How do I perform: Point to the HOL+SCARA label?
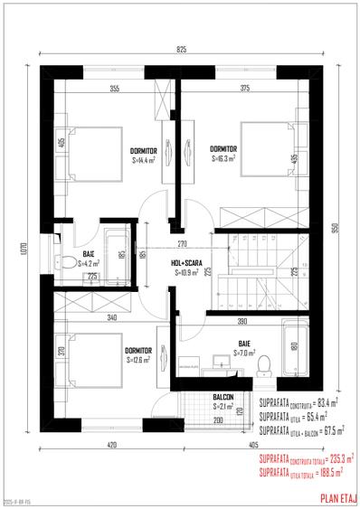(185, 263)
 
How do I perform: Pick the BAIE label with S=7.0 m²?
(244, 344)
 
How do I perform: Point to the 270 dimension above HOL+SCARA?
(181, 245)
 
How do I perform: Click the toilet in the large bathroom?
(264, 363)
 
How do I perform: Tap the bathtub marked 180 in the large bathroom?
(294, 345)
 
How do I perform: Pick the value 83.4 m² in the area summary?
(325, 401)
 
